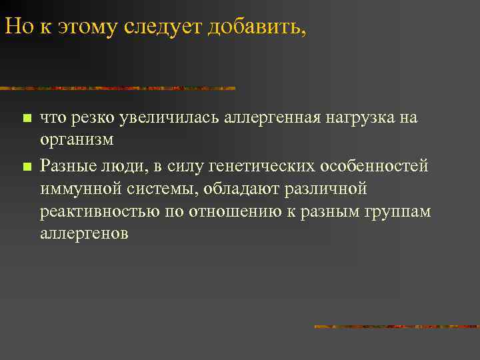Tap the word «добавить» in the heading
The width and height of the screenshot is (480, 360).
(x=255, y=27)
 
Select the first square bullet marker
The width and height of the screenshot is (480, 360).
(x=27, y=119)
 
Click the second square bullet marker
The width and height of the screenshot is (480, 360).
(x=27, y=165)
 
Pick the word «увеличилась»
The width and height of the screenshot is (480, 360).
(x=176, y=118)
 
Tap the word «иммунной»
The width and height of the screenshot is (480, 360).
(x=81, y=188)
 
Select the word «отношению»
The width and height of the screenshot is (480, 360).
(x=228, y=211)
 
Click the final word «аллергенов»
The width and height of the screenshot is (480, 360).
(x=84, y=235)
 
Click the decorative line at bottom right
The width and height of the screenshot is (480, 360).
(x=396, y=326)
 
